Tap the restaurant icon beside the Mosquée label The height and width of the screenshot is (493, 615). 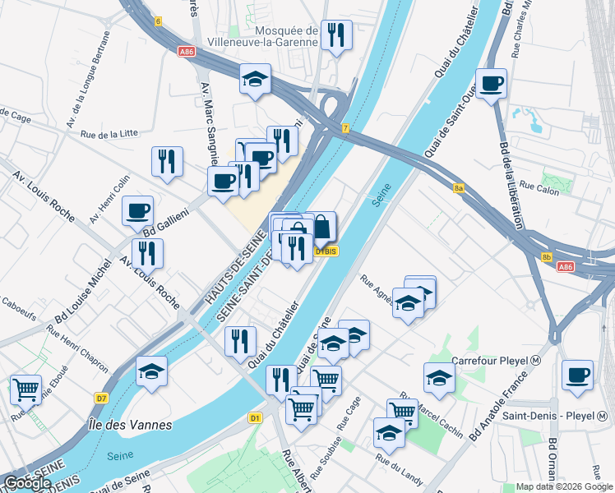(335, 35)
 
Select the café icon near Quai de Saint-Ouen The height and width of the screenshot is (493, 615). (491, 84)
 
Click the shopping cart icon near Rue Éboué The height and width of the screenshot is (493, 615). (25, 389)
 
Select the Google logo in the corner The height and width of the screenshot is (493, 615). (27, 483)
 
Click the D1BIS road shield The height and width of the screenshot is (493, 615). (326, 251)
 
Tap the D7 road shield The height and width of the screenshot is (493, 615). (101, 399)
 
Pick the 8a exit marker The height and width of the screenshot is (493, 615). (460, 188)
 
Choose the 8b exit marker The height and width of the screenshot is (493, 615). (547, 258)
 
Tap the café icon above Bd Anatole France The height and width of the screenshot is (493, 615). (576, 374)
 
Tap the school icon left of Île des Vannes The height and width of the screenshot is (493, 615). (151, 371)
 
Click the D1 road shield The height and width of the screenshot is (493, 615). (255, 418)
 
